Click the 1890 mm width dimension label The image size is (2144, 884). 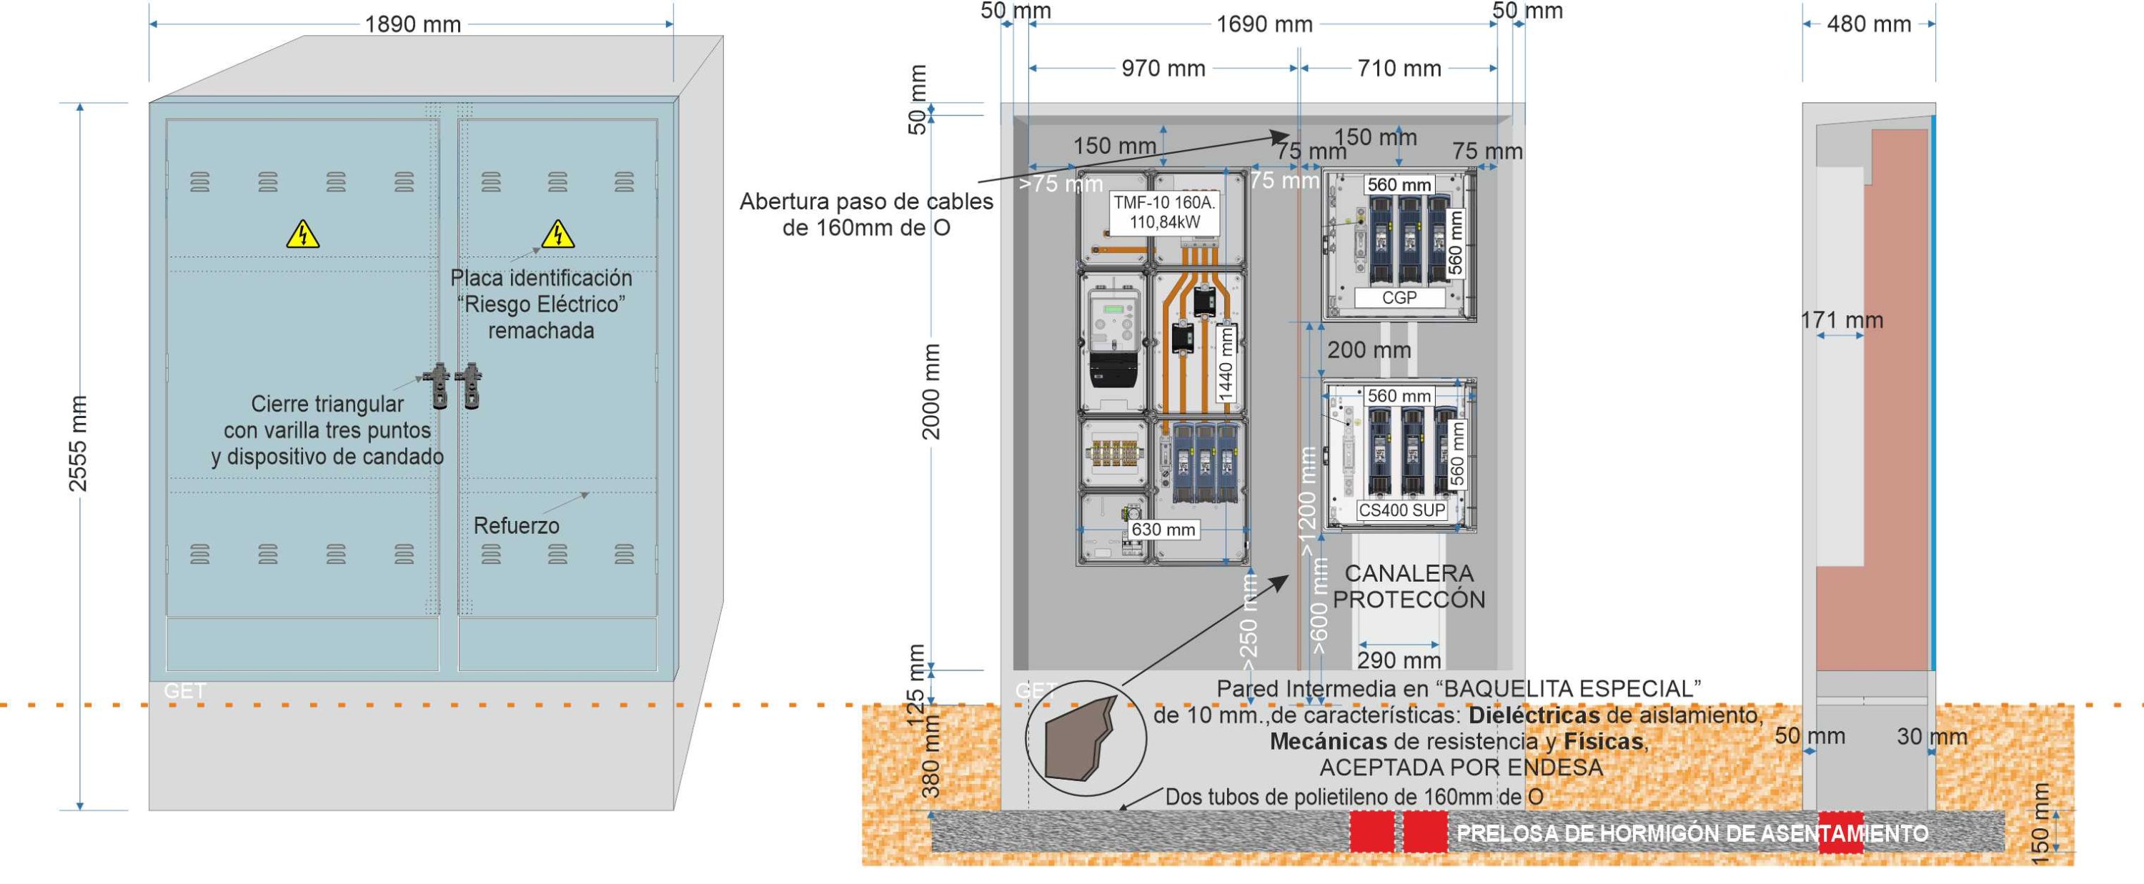coord(413,24)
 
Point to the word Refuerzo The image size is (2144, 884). coord(516,525)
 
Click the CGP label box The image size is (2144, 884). coord(1399,298)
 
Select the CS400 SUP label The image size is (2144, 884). coord(1401,510)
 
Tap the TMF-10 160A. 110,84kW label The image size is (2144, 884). coord(1164,212)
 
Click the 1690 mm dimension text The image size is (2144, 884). coord(1264,24)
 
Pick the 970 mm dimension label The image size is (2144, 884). coord(1163,69)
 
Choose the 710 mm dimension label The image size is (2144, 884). coord(1399,69)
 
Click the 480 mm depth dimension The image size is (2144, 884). coord(1869,24)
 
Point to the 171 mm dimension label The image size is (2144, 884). coord(1841,320)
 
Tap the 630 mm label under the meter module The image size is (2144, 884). coord(1163,530)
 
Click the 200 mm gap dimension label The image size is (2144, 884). coord(1369,349)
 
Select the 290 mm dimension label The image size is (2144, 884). coord(1399,660)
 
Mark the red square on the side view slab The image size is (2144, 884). coord(1840,833)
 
